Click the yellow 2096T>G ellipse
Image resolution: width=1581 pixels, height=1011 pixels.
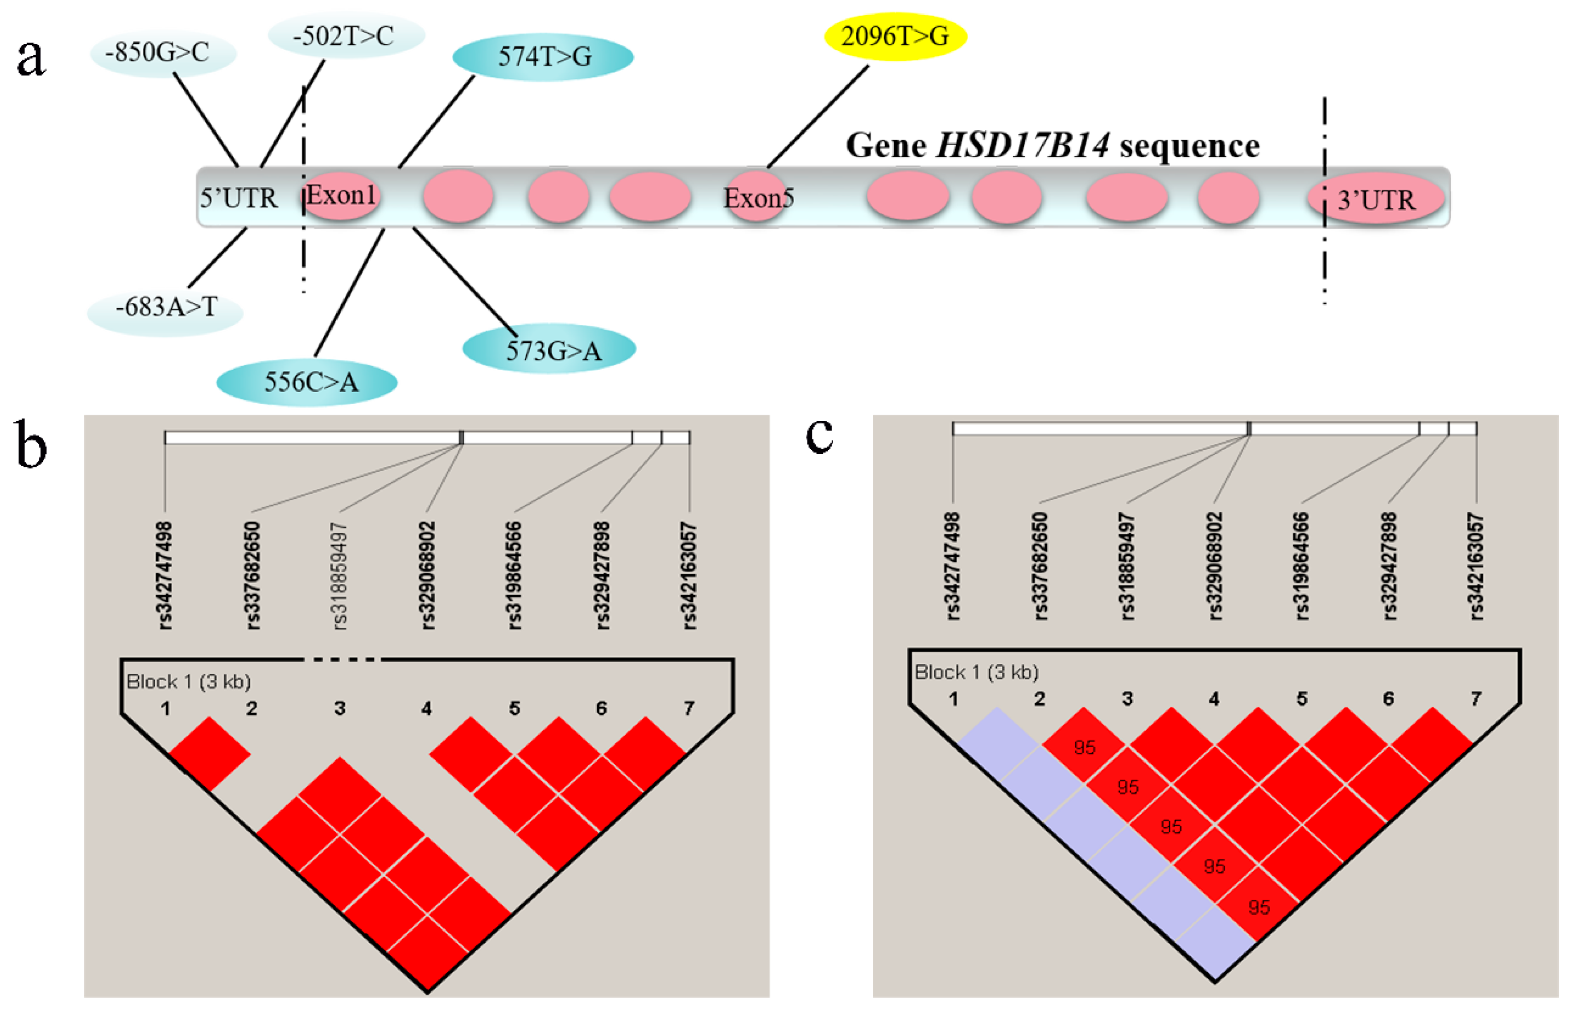(895, 36)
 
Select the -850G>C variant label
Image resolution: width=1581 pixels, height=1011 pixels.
(162, 53)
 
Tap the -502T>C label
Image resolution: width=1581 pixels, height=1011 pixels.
(346, 36)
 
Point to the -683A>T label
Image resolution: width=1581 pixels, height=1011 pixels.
(165, 307)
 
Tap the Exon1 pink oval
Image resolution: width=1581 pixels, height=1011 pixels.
(341, 196)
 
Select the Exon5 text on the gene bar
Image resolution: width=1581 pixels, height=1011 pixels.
(758, 198)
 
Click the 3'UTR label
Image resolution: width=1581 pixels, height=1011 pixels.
(1376, 200)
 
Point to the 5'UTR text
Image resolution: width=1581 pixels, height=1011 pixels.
(238, 198)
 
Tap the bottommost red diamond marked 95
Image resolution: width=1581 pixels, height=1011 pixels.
(1258, 907)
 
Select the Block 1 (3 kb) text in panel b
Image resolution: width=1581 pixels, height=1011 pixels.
(189, 682)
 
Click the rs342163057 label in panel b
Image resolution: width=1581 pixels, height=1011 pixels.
(689, 576)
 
